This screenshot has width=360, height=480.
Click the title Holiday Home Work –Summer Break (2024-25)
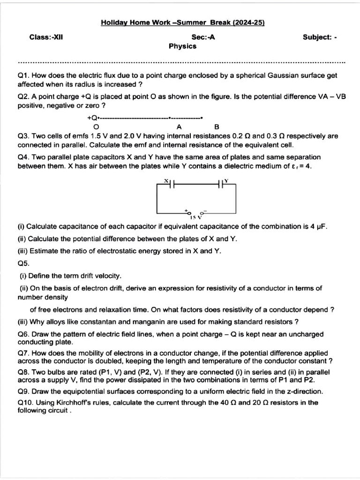(x=183, y=22)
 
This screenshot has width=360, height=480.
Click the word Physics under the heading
(x=183, y=46)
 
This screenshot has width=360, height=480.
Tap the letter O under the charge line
(x=96, y=127)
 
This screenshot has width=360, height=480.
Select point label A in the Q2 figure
(x=179, y=127)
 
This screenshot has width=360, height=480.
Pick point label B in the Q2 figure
(x=216, y=127)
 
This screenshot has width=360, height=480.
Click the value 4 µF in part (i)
(x=316, y=226)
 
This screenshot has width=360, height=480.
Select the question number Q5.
(x=23, y=263)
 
